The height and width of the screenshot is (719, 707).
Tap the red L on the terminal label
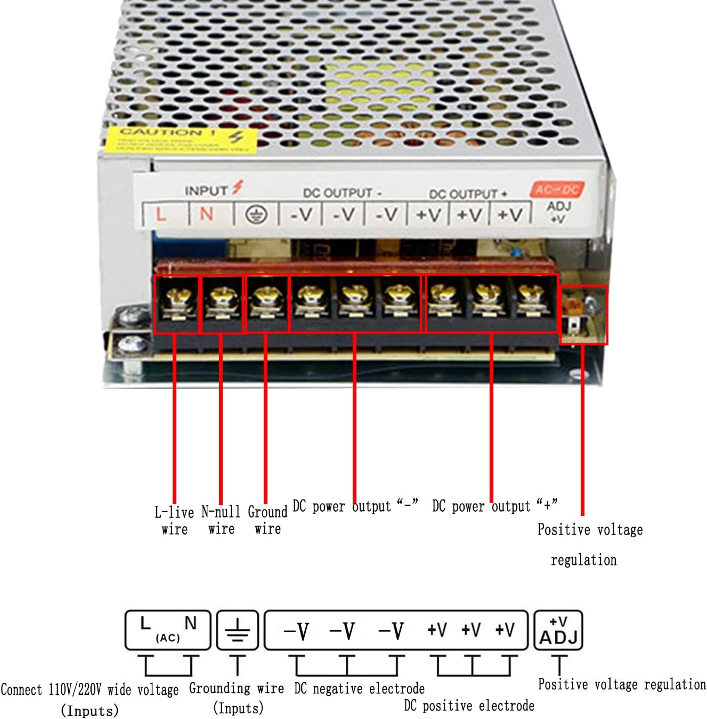click(160, 214)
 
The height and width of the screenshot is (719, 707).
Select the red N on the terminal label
click(206, 214)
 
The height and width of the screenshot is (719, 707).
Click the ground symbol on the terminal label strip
click(256, 215)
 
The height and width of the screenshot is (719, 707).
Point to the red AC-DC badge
click(557, 189)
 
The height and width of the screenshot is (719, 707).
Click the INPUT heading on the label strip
click(206, 190)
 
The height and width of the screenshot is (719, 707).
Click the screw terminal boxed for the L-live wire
click(176, 303)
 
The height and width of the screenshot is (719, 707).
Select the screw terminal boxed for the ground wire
click(266, 303)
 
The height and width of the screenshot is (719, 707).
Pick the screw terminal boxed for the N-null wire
click(222, 303)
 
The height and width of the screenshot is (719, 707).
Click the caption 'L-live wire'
click(174, 521)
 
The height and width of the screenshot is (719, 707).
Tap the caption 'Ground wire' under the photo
click(267, 520)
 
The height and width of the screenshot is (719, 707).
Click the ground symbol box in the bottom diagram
click(238, 630)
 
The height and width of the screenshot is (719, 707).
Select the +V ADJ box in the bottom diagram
click(558, 631)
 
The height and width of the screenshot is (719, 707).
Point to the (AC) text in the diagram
click(168, 637)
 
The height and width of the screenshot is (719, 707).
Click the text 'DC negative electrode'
click(359, 689)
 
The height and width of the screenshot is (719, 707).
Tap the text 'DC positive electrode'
click(469, 706)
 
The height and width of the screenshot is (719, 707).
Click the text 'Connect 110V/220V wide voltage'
click(90, 690)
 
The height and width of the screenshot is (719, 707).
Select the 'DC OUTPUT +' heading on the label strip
click(468, 194)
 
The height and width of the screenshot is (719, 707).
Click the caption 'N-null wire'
click(221, 521)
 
